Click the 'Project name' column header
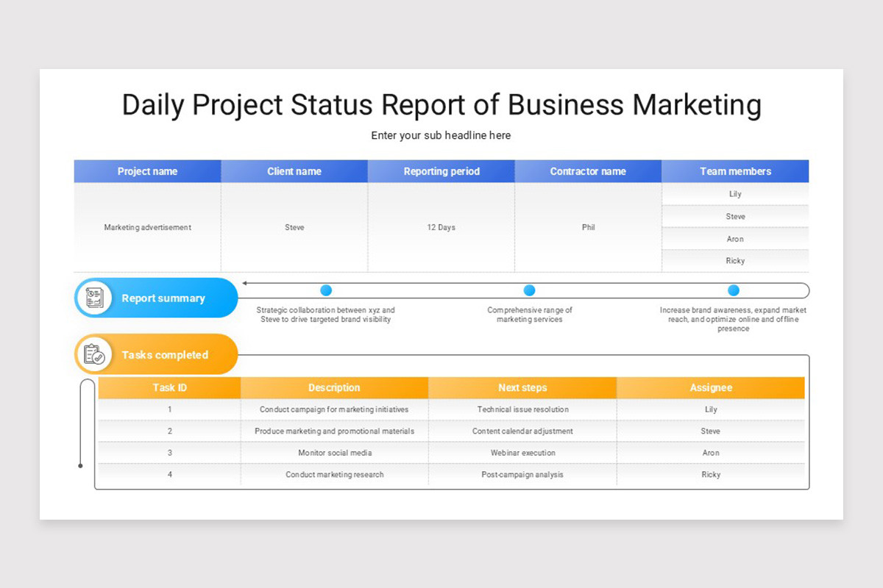tap(147, 171)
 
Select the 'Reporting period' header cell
tap(441, 171)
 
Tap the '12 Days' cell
tap(441, 227)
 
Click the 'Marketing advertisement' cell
tap(147, 227)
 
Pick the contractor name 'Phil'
tap(588, 227)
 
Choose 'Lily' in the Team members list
tap(735, 194)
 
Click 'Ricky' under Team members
tap(735, 261)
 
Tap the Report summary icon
tap(94, 298)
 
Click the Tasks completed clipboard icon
tap(94, 354)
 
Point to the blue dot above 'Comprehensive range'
tap(529, 290)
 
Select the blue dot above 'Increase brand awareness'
tap(734, 290)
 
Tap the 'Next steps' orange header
tap(522, 387)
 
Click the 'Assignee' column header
tap(711, 387)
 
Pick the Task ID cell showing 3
tap(170, 453)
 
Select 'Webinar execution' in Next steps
tap(522, 453)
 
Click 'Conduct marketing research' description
tap(335, 475)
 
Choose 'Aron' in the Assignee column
tap(711, 453)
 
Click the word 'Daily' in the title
tap(153, 105)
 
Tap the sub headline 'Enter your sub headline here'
tap(441, 135)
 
